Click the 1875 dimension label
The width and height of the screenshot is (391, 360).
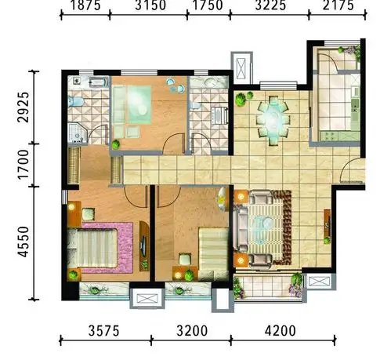point(84,6)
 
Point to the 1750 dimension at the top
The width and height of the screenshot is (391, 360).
point(205,6)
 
